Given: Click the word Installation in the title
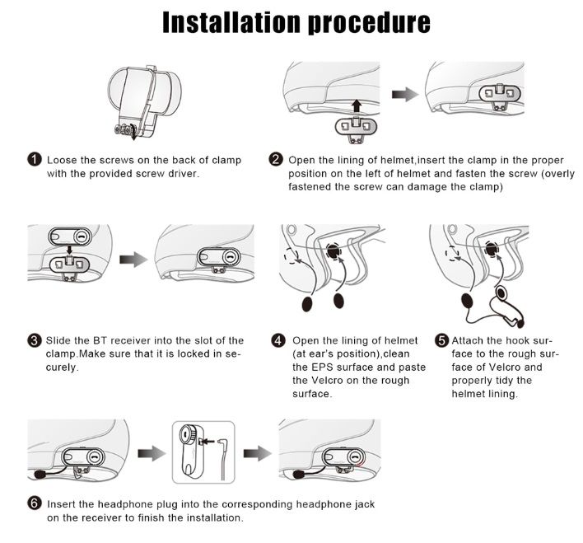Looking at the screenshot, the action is coord(231,23).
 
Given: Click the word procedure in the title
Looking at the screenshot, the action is coord(369,24).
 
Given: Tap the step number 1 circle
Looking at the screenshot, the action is coord(35,160).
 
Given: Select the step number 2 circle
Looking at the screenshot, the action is coord(276,160).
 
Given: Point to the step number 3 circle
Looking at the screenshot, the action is coord(35,340).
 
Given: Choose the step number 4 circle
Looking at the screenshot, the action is coord(278,340).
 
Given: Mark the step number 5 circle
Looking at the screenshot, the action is coord(441,340).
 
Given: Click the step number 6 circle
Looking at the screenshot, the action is coord(35,503).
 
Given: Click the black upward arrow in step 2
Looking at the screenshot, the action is coord(357,105).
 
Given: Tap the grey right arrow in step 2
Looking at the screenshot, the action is coord(405,95).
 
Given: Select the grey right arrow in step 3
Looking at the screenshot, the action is coord(133,260).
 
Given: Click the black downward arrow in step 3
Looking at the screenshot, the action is coord(69,250).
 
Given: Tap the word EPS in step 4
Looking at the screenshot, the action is coord(319,367).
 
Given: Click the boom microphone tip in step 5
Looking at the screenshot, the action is coord(520,324).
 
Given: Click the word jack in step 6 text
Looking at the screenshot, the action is coord(364,504).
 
